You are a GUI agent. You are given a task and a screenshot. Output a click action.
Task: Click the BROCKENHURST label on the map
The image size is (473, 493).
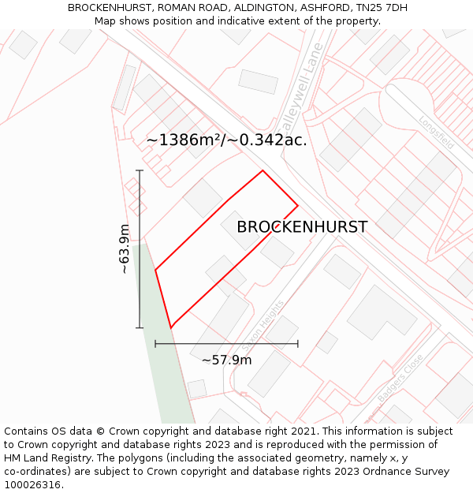pos(302,227)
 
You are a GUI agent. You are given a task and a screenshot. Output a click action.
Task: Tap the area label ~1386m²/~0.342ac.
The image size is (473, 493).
pos(226,140)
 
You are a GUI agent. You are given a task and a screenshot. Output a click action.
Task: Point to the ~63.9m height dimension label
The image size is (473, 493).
pos(125,249)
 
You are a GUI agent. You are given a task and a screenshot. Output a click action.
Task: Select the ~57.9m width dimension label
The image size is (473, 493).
pos(226,360)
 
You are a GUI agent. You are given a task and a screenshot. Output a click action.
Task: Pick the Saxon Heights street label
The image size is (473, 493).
pos(262,326)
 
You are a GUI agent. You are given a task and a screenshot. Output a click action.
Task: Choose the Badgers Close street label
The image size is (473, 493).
pos(400,379)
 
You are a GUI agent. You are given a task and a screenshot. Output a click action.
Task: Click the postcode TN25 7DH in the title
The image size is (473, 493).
pos(381,8)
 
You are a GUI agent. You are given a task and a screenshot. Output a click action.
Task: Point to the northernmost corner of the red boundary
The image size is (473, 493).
pos(263,171)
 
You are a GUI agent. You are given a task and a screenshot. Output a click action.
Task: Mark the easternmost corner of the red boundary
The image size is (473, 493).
pos(298,206)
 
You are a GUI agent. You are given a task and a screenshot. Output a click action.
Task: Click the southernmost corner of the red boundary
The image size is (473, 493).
pos(171,327)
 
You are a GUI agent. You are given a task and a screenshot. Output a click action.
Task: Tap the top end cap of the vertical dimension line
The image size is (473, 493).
pos(140,170)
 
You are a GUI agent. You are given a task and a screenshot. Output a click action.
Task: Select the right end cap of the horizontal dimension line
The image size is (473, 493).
pos(298,344)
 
